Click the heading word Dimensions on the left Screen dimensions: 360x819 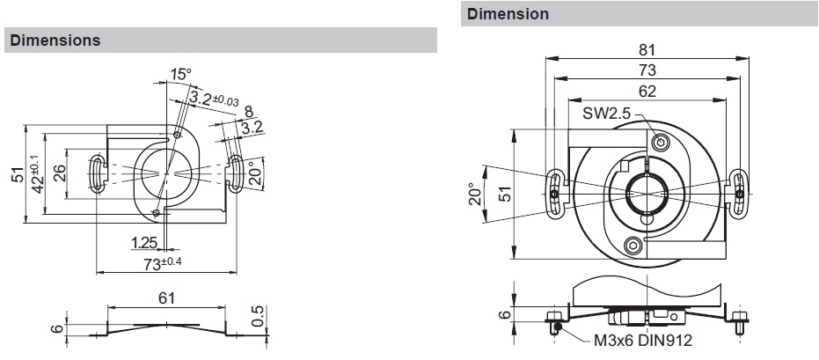coord(54,40)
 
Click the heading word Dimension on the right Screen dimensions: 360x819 coord(508,14)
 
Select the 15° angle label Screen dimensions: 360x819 coord(179,76)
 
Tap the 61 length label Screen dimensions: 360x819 coord(167,298)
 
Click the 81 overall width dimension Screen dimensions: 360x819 coord(647,50)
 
